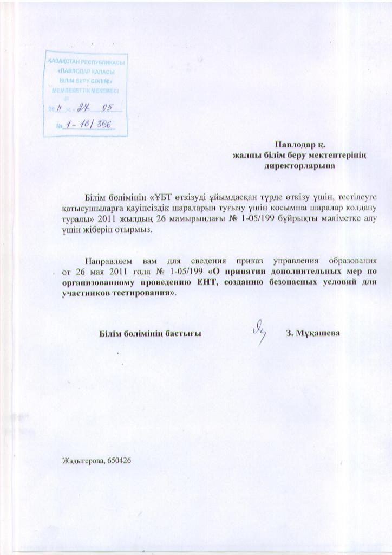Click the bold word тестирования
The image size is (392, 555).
click(143, 293)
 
